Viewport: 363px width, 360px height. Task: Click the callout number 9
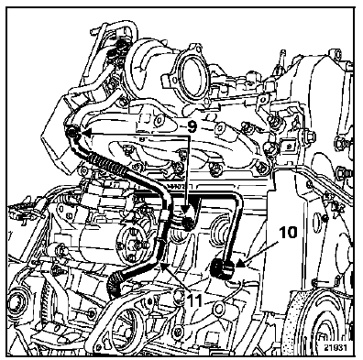coord(192,126)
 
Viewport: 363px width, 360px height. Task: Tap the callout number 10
coord(287,233)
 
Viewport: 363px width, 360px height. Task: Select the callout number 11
coord(193,301)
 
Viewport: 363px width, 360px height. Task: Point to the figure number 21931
coord(335,348)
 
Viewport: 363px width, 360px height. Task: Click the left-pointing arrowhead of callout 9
coord(86,133)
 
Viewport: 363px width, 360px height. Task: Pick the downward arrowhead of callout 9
coord(186,211)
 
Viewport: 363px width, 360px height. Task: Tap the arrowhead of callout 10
coord(240,262)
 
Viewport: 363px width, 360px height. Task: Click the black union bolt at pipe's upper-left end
coord(71,133)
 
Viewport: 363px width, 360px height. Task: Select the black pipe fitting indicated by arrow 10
coord(223,268)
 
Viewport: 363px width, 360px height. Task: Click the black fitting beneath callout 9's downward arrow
coord(186,224)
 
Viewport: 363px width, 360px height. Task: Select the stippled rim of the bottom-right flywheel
coord(300,318)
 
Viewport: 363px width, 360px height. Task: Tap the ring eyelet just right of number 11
coord(219,309)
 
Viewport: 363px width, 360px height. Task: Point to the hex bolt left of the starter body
coord(60,251)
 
